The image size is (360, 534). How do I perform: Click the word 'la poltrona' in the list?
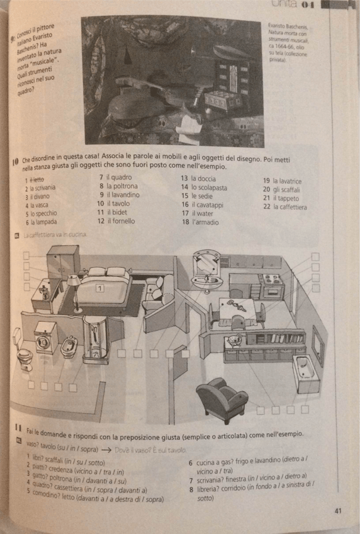[x=120, y=186]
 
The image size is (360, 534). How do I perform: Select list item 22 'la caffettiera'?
[x=284, y=207]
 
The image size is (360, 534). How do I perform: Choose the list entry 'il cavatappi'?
[x=203, y=205]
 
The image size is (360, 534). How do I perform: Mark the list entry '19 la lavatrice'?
[x=282, y=181]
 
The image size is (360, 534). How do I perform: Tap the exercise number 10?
[x=14, y=161]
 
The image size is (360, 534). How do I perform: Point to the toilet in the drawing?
[x=25, y=357]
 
